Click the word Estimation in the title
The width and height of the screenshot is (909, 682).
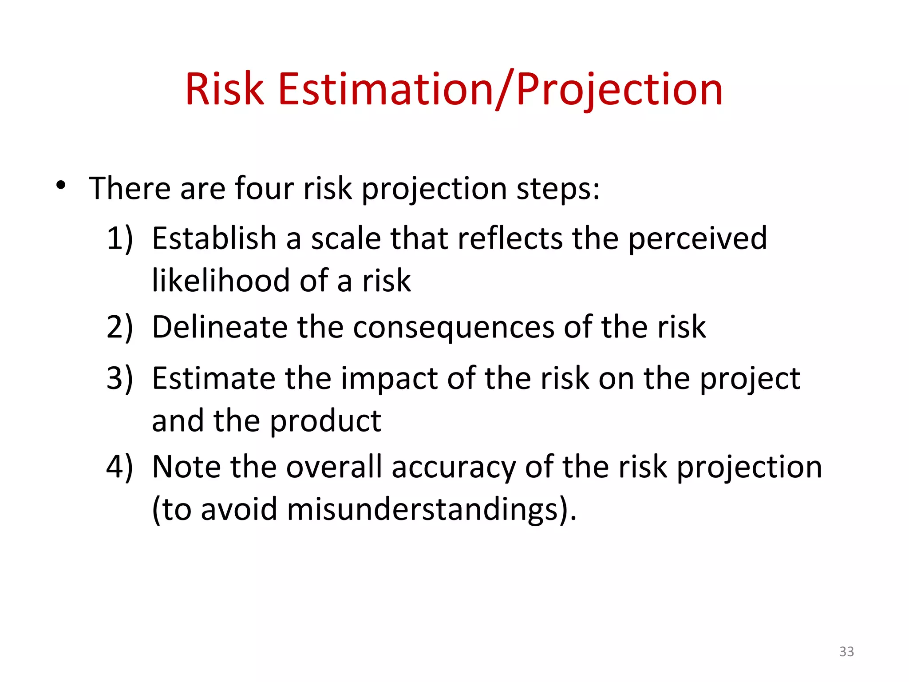click(x=386, y=90)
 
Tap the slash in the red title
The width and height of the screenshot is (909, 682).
click(x=505, y=90)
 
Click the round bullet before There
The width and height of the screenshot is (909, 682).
click(x=61, y=185)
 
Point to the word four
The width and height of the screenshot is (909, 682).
click(x=264, y=188)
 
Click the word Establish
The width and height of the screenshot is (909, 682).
click(x=214, y=238)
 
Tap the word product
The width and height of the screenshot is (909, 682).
click(x=325, y=421)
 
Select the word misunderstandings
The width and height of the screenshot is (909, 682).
click(x=422, y=509)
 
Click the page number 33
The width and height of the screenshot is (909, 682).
click(x=846, y=651)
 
